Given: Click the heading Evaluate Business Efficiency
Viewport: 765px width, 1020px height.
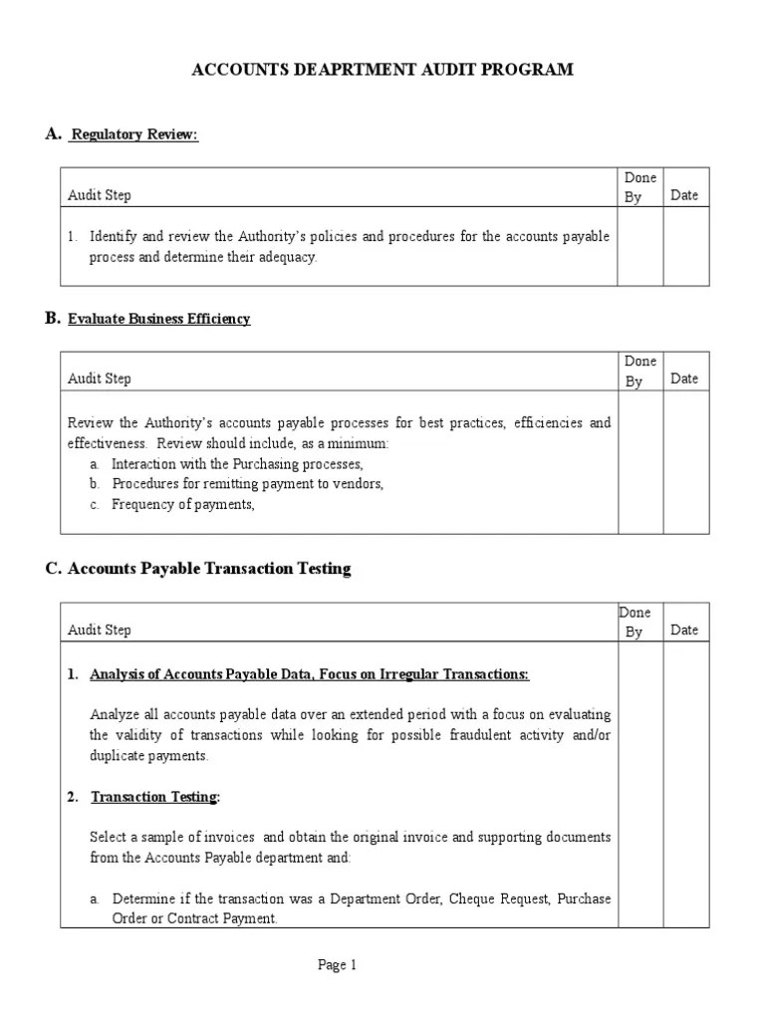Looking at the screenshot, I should pos(158,319).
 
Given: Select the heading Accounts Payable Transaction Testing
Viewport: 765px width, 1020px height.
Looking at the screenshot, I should pos(209,569).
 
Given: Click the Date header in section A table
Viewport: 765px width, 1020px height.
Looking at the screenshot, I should pos(684,195).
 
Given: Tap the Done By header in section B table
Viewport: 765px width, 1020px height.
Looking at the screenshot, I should pos(639,371).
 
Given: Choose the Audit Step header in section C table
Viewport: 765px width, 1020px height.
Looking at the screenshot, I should pos(99,630).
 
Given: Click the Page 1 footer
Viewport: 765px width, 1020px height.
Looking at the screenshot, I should pos(337,964).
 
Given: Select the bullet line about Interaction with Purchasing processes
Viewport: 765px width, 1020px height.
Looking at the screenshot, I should pos(237,464).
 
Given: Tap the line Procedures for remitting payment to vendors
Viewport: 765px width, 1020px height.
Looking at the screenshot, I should pos(247,484).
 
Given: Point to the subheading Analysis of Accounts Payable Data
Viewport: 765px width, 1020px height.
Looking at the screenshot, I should pos(309,674).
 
